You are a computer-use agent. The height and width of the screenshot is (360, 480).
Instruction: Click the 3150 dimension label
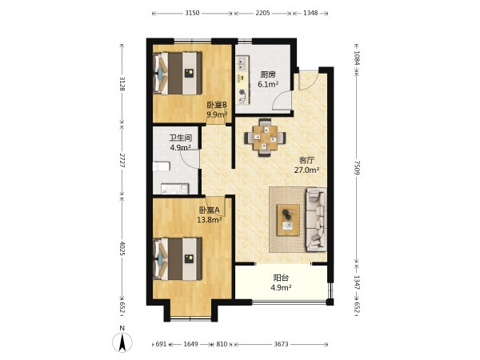[192, 13]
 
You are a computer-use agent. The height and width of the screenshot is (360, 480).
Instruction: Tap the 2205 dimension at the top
[262, 13]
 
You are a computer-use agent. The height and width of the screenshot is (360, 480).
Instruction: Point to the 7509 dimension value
[357, 168]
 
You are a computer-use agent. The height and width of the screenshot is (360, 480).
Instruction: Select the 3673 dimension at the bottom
[281, 344]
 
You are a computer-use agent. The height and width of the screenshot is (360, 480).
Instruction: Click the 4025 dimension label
[122, 248]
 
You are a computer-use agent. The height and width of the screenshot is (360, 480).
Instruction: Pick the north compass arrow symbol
[122, 342]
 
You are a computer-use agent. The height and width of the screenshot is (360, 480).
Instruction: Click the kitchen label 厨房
[268, 74]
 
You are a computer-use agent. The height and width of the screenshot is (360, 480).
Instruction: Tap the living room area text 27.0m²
[306, 170]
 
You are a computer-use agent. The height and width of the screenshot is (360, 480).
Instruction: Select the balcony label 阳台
[281, 278]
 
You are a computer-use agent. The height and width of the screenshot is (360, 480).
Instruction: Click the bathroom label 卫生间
[181, 138]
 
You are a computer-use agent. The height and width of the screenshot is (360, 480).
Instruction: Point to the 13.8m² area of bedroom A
[210, 219]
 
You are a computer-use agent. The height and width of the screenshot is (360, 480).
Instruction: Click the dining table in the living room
[265, 138]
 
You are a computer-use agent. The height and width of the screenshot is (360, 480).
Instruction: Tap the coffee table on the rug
[288, 220]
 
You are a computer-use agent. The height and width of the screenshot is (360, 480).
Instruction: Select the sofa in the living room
[316, 220]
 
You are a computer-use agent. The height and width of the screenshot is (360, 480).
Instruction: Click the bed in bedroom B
[178, 73]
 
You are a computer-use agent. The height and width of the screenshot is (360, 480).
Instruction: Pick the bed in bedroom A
[178, 259]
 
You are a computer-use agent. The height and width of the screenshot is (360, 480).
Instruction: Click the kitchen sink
[242, 63]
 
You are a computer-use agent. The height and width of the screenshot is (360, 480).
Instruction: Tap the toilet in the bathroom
[162, 166]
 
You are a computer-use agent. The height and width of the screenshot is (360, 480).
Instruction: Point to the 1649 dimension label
[190, 344]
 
